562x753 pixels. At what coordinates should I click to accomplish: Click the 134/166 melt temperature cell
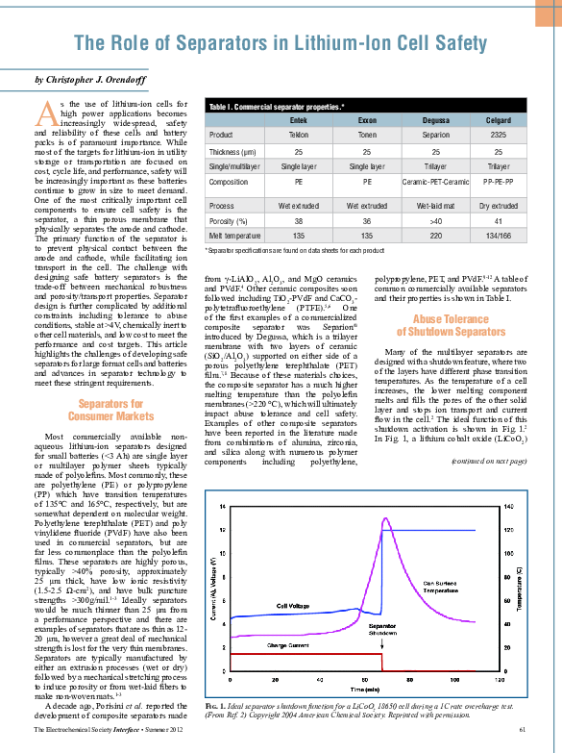(x=498, y=234)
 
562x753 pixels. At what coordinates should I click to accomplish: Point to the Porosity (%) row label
(x=229, y=220)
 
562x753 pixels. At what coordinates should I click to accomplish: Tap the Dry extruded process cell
(x=498, y=206)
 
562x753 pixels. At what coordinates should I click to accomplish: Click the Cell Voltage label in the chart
(x=295, y=606)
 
